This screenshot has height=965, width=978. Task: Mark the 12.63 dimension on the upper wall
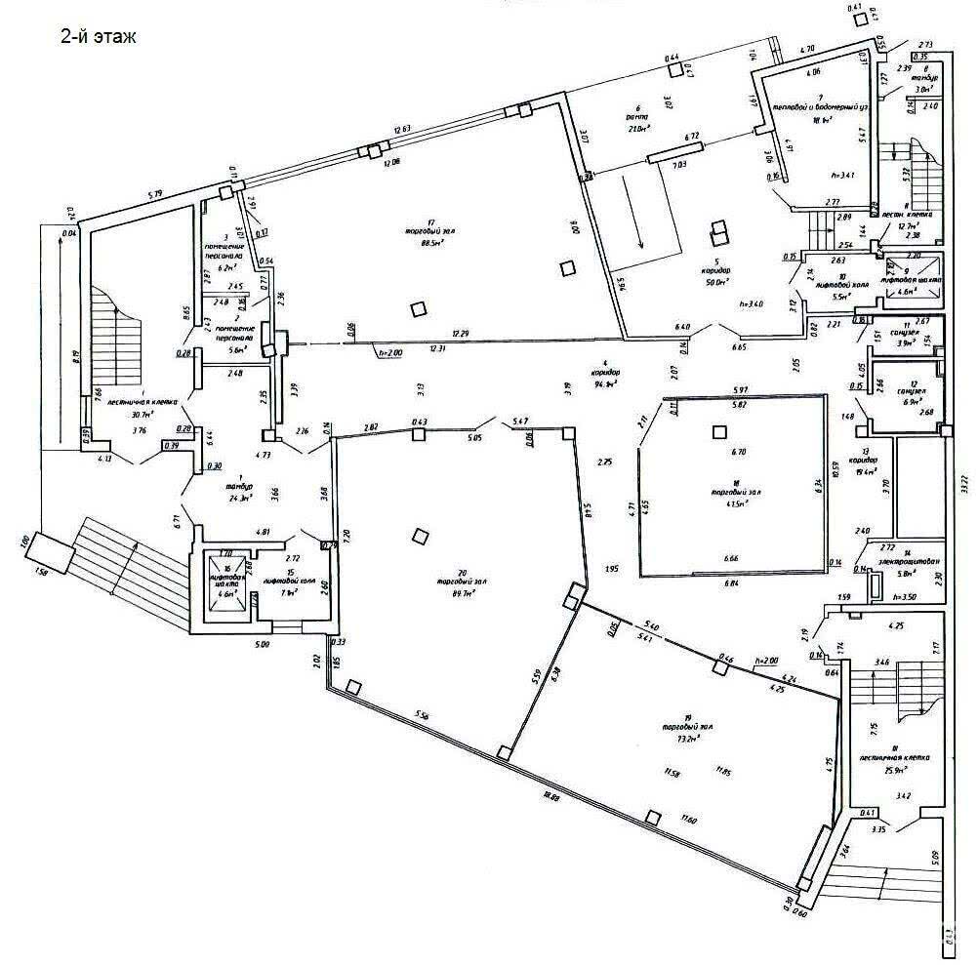[405, 128]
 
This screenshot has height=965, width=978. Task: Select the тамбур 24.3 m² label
[238, 497]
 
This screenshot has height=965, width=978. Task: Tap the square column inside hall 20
[420, 536]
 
